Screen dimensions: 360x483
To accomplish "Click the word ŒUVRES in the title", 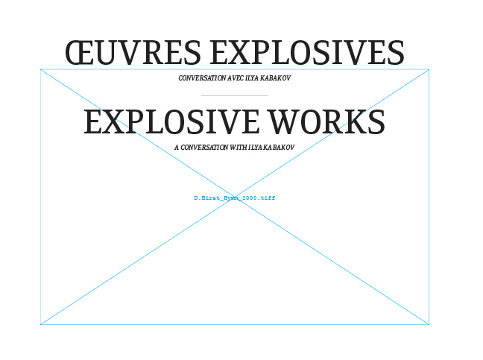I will (x=133, y=54).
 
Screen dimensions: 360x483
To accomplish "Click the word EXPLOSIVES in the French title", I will (x=307, y=54).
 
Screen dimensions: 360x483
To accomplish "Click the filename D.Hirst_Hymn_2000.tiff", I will (x=235, y=198).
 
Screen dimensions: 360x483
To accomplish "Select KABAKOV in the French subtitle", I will (x=276, y=78).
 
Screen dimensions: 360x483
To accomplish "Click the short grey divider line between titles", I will (x=235, y=96).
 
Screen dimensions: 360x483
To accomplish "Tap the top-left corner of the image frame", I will (x=41, y=70).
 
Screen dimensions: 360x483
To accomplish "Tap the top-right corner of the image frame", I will (x=429, y=70).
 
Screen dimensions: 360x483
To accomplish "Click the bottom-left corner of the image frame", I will (x=41, y=324).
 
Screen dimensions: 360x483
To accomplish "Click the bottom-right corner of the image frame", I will (x=429, y=324).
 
